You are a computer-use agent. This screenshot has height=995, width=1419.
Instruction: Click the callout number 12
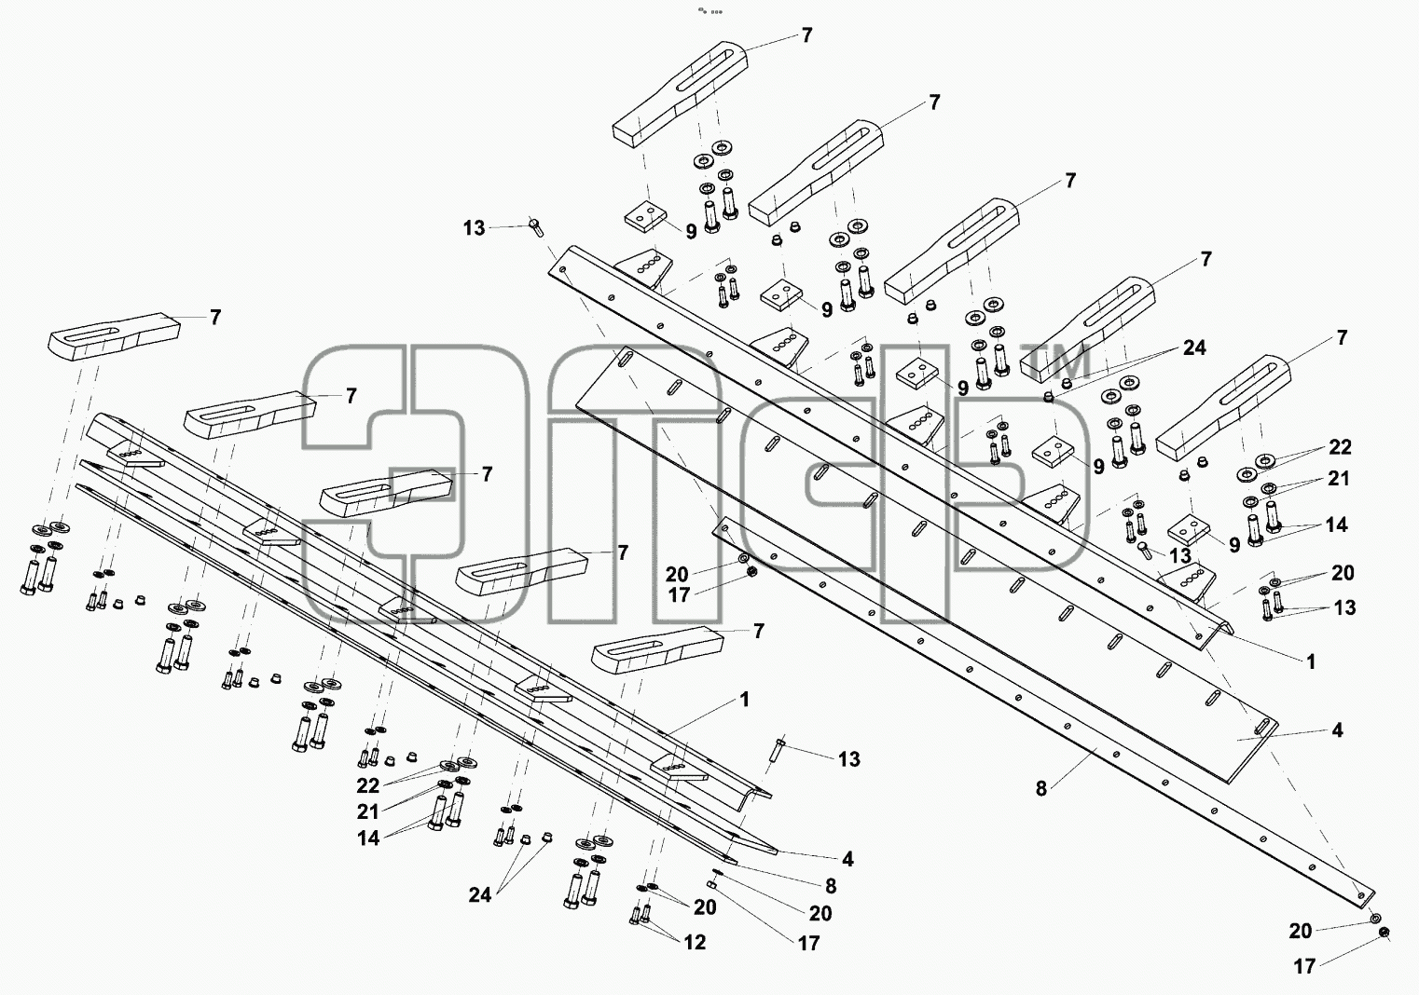[695, 943]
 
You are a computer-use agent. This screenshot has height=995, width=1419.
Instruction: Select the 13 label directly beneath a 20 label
[1344, 607]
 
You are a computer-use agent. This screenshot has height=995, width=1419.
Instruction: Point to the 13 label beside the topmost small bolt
[474, 228]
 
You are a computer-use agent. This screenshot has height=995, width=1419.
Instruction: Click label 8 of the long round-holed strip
[1040, 789]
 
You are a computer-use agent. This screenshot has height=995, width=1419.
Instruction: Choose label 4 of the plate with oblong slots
[1337, 730]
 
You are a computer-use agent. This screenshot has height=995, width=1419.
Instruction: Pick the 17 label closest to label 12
[808, 944]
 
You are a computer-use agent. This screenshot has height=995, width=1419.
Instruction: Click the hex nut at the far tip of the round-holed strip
[1385, 948]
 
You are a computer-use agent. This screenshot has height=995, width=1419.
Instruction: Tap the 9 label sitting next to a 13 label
[1234, 545]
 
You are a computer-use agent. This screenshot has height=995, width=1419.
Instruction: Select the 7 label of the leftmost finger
[215, 317]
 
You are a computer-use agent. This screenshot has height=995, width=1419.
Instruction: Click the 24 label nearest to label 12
[479, 895]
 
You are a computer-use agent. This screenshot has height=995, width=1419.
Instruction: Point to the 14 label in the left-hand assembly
[368, 838]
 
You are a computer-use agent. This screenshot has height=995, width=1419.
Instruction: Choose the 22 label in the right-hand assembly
[1340, 447]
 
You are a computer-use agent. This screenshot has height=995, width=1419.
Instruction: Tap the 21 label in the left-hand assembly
[368, 811]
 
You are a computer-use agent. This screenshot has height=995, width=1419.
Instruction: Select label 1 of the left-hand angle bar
[745, 700]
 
